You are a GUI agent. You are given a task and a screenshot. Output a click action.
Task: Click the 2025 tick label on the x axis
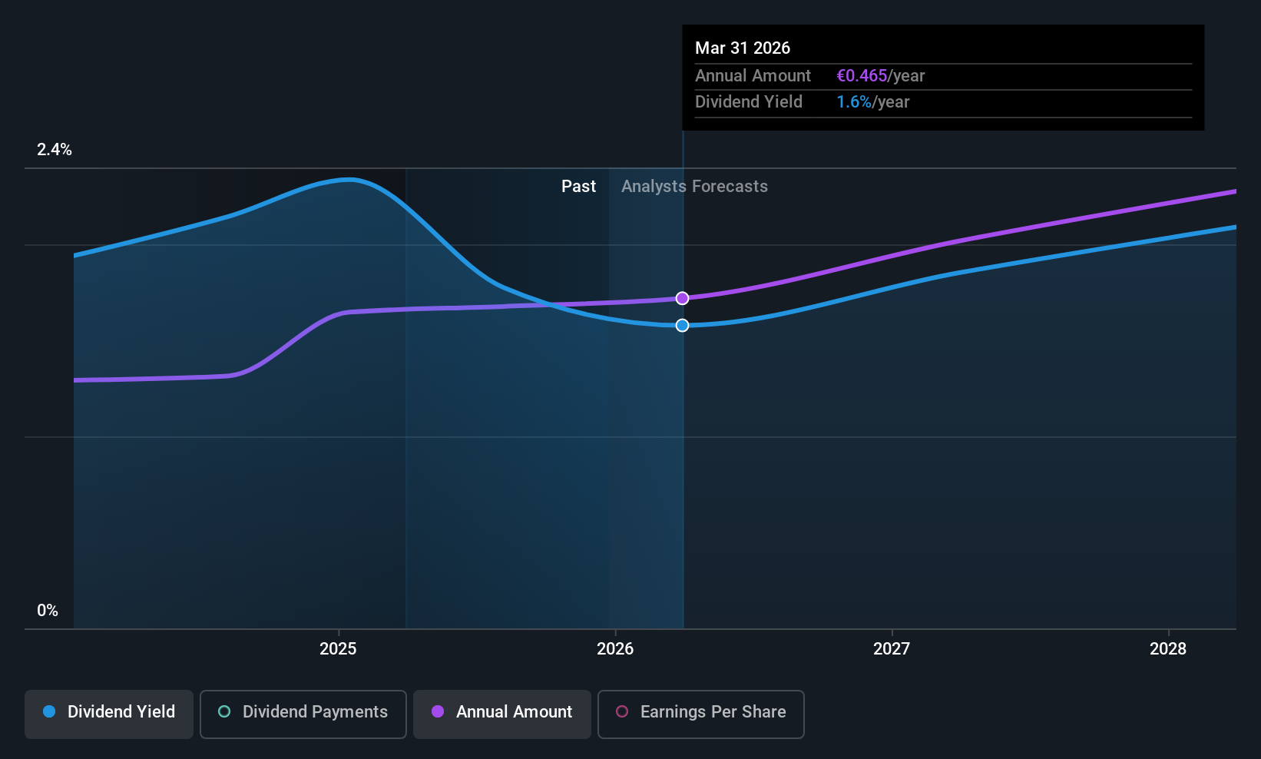(x=338, y=648)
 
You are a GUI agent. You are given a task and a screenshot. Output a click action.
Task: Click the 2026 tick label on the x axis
(x=614, y=648)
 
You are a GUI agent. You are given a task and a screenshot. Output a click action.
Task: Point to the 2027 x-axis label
(x=891, y=648)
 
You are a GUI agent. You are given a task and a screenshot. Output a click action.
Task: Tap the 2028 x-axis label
(x=1168, y=648)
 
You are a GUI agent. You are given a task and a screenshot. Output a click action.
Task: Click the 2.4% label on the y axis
(x=54, y=150)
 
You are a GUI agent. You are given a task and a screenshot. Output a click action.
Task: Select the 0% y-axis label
(x=48, y=611)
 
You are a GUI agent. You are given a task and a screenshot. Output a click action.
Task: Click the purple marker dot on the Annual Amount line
(x=682, y=298)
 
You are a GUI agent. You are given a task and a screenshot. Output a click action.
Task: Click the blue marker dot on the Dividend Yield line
(x=682, y=325)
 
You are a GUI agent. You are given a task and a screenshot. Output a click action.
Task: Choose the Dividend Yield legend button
(x=108, y=714)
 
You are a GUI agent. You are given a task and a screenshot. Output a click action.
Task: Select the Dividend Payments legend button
(x=303, y=714)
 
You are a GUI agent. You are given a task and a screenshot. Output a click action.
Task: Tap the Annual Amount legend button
(x=502, y=714)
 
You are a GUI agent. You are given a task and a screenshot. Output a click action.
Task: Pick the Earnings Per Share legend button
(x=701, y=714)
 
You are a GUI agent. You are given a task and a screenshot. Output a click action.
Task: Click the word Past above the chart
(x=579, y=187)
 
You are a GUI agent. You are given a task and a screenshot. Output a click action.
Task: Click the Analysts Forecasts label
(x=694, y=187)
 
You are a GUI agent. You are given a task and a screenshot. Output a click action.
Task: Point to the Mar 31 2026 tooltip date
(x=743, y=48)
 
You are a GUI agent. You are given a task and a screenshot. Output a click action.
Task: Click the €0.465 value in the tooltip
(x=862, y=75)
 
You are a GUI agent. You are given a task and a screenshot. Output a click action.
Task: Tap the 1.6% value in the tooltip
(x=854, y=102)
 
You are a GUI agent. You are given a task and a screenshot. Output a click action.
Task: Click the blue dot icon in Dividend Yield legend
(x=50, y=711)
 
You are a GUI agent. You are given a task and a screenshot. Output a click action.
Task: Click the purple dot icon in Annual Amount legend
(x=438, y=711)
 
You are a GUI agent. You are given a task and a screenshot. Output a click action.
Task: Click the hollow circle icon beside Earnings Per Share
(x=622, y=711)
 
